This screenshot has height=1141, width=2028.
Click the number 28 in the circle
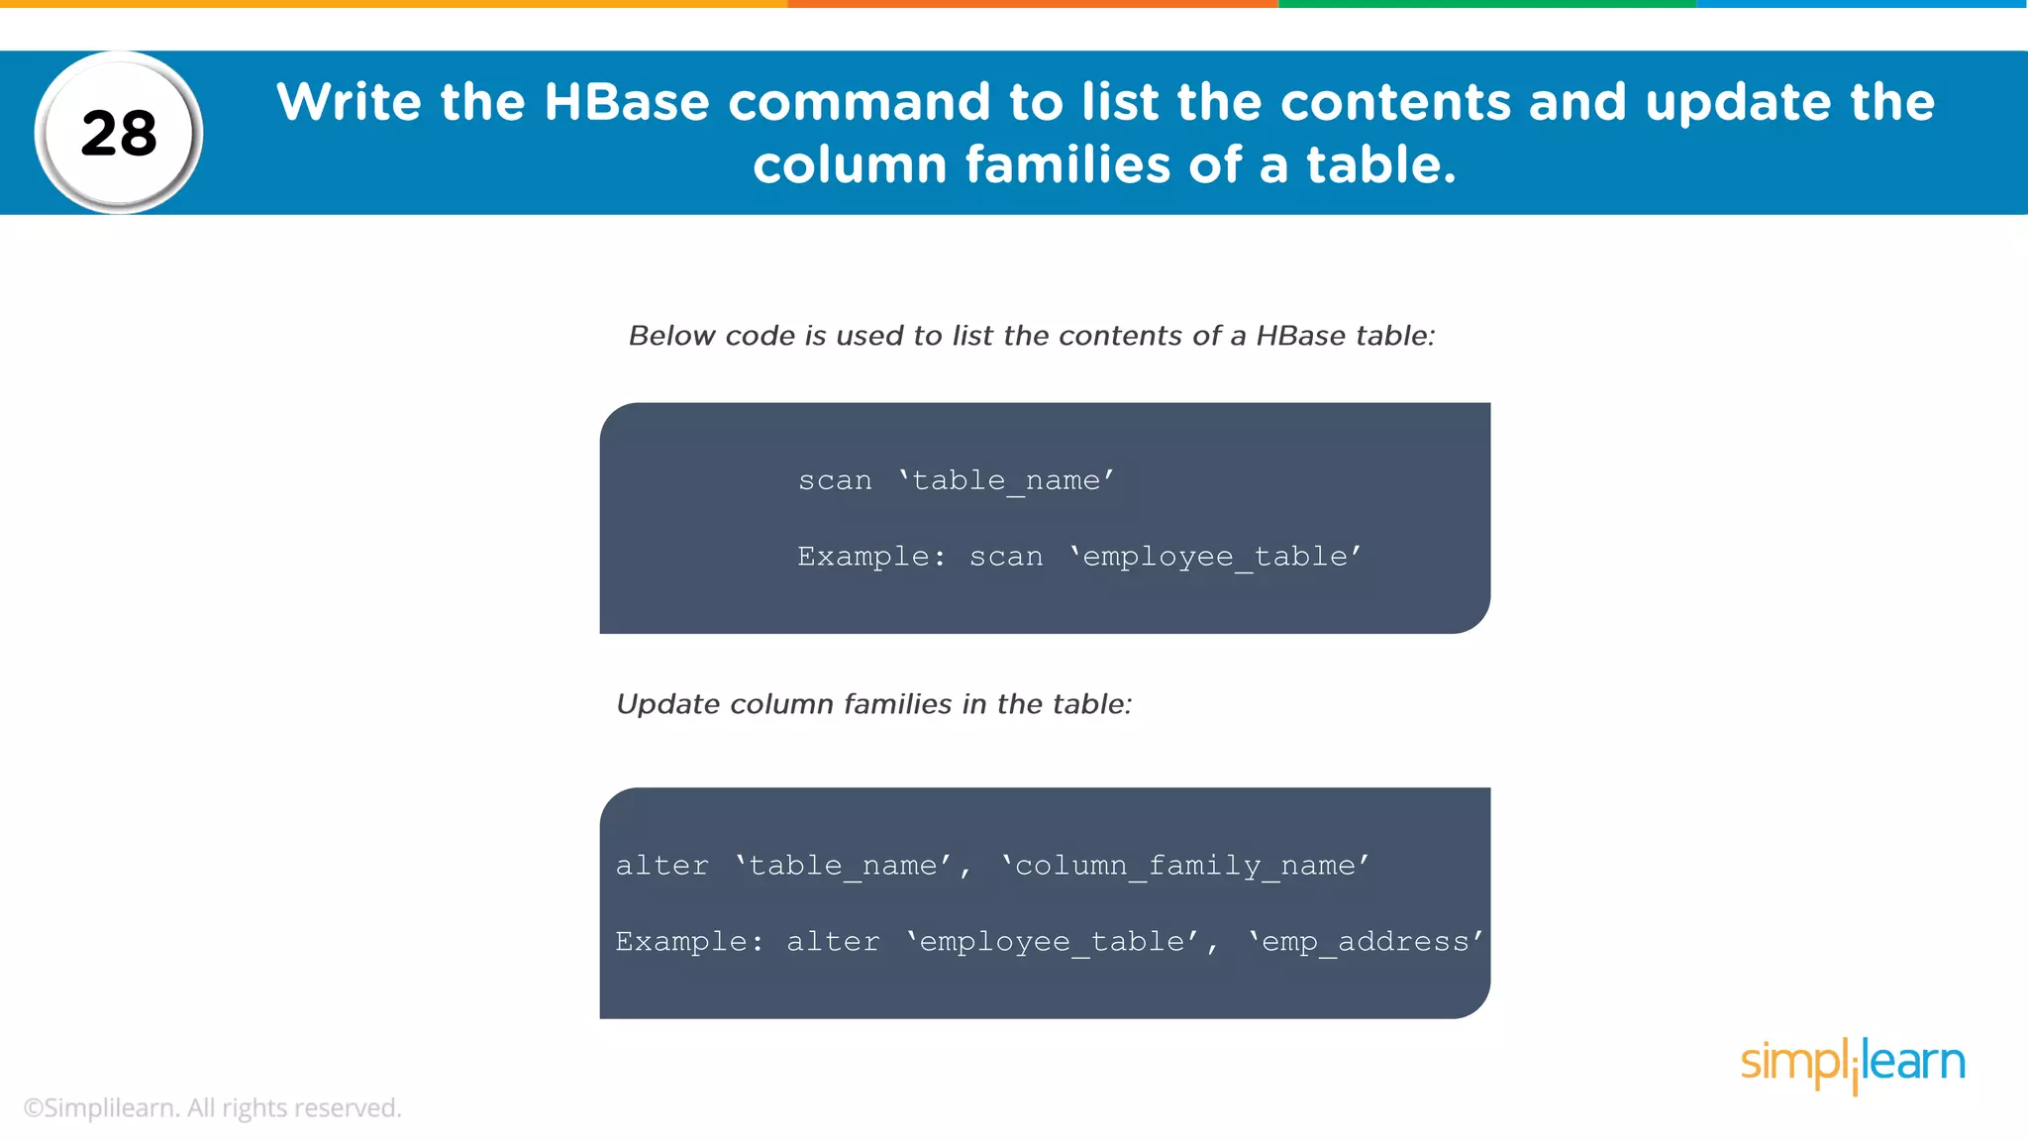tap(119, 134)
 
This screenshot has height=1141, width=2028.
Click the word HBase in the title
tap(626, 102)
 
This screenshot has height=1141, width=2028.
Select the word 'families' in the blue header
tap(1068, 164)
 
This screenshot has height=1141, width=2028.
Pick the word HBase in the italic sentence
tap(1301, 336)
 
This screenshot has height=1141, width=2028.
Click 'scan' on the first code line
tap(835, 480)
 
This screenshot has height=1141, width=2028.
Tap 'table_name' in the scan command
tap(1006, 481)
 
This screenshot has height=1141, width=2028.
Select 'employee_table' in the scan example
tap(1215, 557)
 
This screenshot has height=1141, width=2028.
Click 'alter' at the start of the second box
tap(662, 866)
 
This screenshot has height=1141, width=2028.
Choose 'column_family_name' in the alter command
tap(1185, 867)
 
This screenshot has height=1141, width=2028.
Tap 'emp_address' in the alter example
tap(1366, 942)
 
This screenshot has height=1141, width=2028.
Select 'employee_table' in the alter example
tap(1053, 942)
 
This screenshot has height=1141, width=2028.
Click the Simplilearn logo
tap(1853, 1064)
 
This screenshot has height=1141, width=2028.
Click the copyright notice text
tap(212, 1108)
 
